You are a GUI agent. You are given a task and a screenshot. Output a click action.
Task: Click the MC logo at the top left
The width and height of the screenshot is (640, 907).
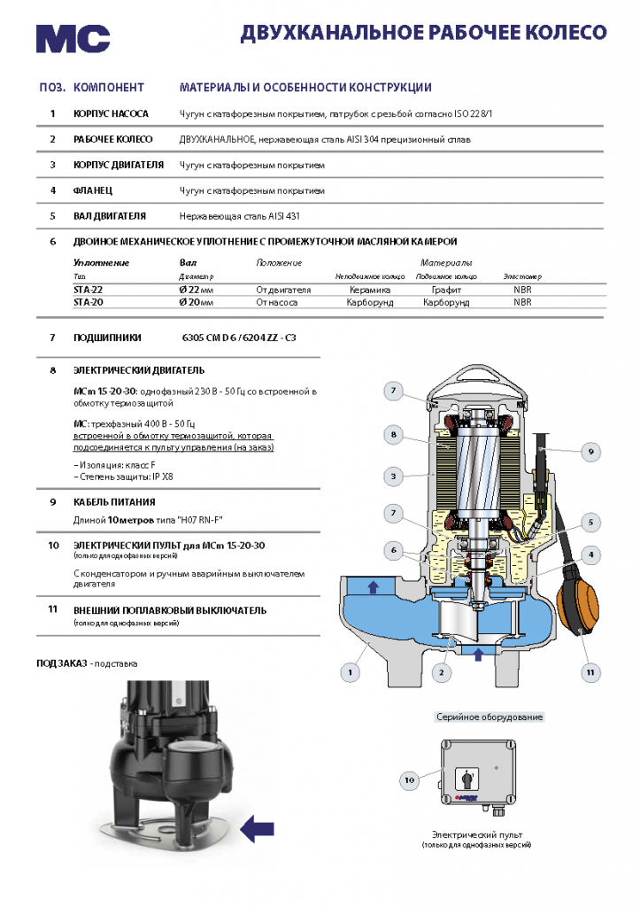tap(73, 38)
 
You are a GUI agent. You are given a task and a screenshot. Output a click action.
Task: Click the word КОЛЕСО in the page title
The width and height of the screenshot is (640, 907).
tap(567, 33)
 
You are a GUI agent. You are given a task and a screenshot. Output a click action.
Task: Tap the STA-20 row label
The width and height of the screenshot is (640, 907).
tap(89, 303)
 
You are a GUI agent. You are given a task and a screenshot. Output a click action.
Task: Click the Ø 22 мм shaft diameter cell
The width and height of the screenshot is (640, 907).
tap(197, 290)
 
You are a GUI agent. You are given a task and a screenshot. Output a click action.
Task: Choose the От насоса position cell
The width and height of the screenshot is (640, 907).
tap(277, 303)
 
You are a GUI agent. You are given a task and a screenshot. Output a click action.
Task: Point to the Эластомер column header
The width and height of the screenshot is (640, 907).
tap(522, 276)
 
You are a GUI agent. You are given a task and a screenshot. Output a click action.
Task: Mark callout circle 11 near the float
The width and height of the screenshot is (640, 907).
tap(590, 672)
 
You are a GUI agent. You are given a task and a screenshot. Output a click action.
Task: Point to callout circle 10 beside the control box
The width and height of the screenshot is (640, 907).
tap(409, 780)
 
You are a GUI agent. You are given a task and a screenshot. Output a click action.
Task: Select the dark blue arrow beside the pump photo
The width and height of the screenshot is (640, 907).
tap(258, 829)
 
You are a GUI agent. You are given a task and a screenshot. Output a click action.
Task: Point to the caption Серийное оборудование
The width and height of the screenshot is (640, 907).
tap(490, 717)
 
